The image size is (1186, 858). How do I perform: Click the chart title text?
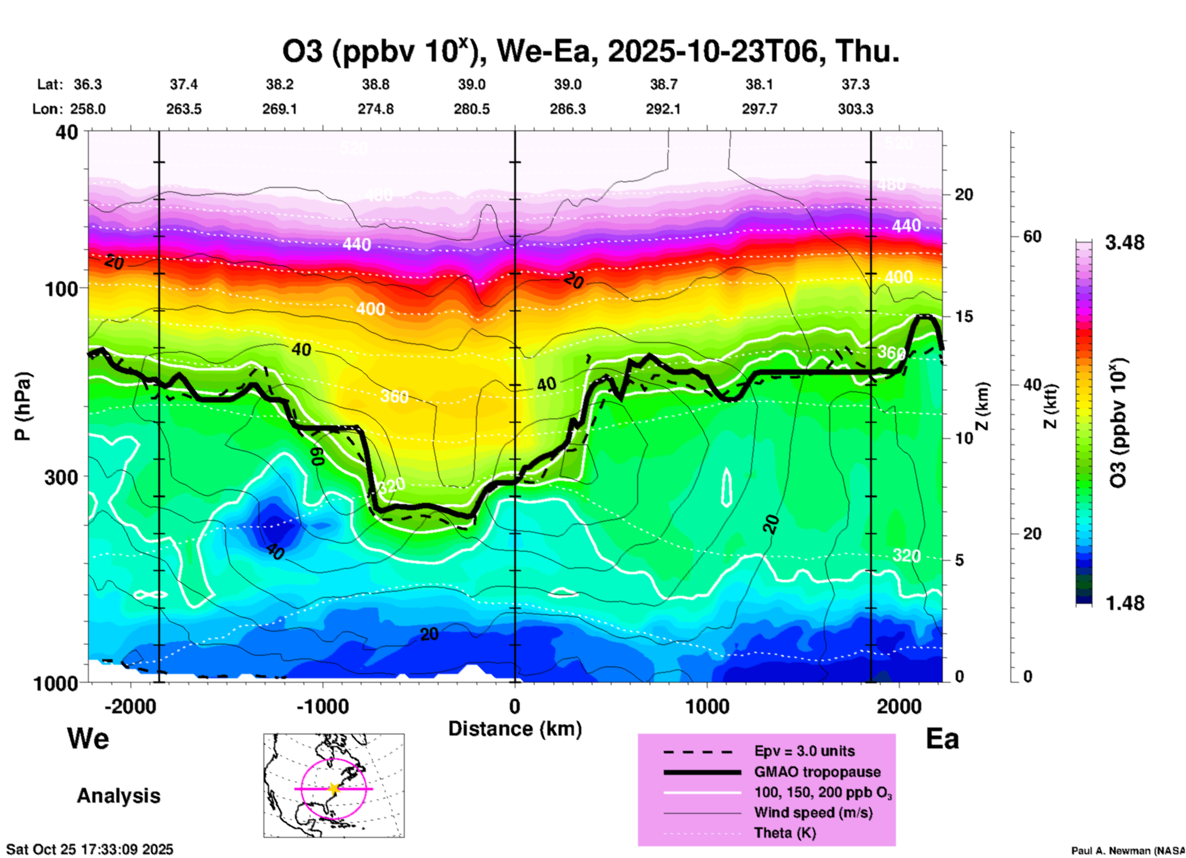590,51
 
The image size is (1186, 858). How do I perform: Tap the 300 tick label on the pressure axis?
62,477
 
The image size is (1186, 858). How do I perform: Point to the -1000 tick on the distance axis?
322,706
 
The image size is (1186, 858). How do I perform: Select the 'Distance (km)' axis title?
515,729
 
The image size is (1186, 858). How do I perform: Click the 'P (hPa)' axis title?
23,406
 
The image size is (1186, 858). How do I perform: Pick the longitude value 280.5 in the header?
472,109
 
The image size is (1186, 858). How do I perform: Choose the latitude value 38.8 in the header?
376,84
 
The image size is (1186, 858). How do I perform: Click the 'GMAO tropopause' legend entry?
817,772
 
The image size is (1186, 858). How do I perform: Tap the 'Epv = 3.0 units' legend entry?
804,752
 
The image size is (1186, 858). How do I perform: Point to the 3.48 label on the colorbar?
1124,243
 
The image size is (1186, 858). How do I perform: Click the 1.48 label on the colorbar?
1124,603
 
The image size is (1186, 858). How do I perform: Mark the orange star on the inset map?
334,788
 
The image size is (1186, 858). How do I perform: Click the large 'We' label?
88,738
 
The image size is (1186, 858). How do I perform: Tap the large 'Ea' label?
942,739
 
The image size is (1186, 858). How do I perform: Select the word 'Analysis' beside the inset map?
118,796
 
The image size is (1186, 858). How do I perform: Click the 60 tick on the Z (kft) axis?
1032,236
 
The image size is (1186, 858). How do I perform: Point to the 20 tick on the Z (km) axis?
964,194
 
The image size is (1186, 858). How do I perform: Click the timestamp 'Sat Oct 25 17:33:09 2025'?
90,849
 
